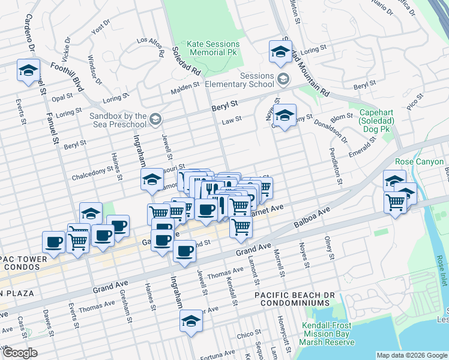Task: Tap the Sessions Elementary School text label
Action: click(240, 80)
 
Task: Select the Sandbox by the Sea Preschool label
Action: click(118, 120)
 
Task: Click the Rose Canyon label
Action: click(419, 162)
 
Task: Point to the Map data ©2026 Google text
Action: click(411, 355)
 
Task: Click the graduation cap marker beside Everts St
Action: click(28, 70)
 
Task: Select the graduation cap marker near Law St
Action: click(285, 114)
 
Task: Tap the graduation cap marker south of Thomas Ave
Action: click(191, 320)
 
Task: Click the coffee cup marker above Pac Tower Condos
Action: click(54, 242)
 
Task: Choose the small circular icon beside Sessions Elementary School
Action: click(283, 79)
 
